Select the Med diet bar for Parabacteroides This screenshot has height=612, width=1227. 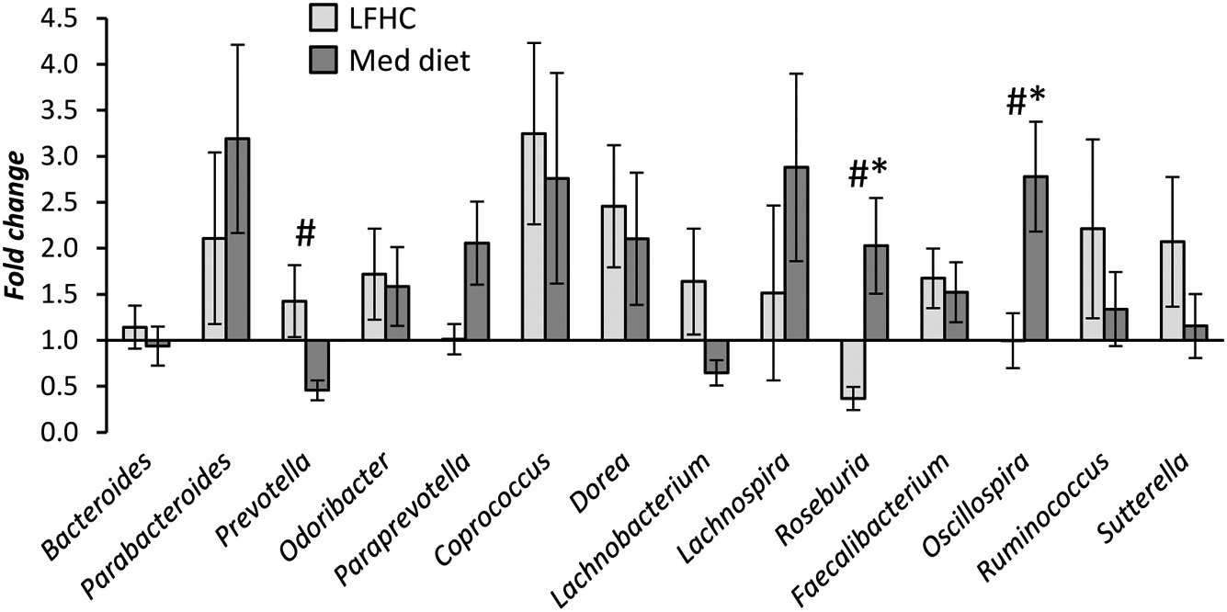point(238,239)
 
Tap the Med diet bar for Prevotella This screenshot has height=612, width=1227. point(317,366)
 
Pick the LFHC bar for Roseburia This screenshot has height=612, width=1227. point(851,369)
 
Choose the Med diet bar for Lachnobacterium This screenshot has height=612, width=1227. point(716,357)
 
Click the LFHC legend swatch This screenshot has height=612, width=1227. point(322,16)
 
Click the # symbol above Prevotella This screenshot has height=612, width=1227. point(306,235)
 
